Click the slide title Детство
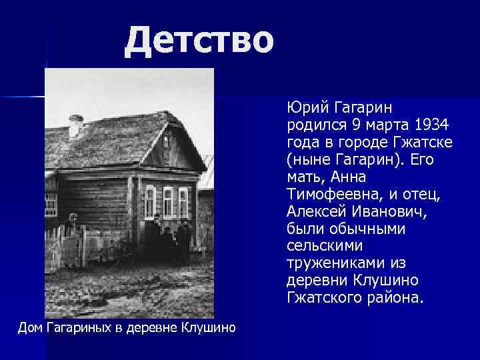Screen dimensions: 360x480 (x=199, y=39)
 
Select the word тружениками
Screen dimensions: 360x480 (x=331, y=264)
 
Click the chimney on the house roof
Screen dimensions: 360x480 (x=76, y=125)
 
